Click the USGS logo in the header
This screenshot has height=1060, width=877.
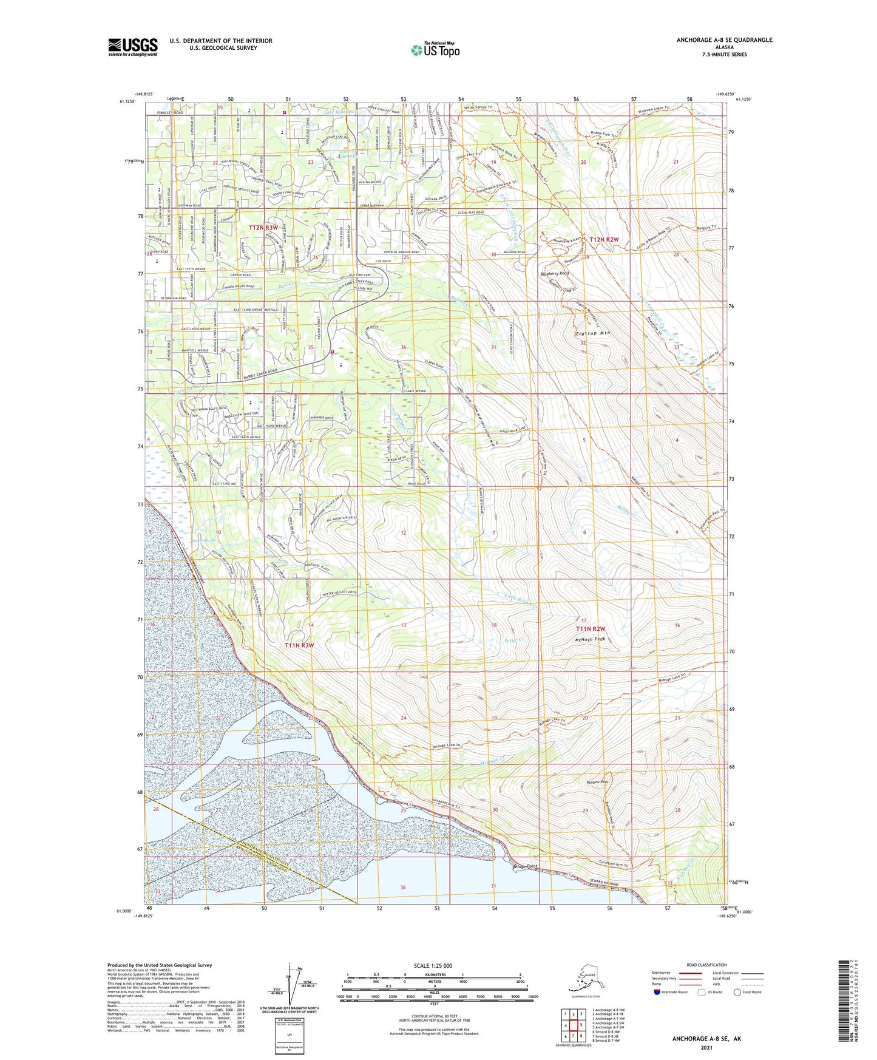click(132, 47)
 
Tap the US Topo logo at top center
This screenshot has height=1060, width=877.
click(435, 49)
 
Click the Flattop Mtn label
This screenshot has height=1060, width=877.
click(592, 333)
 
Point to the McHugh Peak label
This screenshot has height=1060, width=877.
click(590, 639)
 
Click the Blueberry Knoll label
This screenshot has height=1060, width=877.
click(555, 274)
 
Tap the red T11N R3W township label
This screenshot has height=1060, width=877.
click(299, 645)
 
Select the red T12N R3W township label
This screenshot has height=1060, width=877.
click(263, 227)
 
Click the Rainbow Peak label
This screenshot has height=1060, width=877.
click(596, 782)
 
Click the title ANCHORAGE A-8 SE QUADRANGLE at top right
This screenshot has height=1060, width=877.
click(724, 40)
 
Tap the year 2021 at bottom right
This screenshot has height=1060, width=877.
click(706, 1048)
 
